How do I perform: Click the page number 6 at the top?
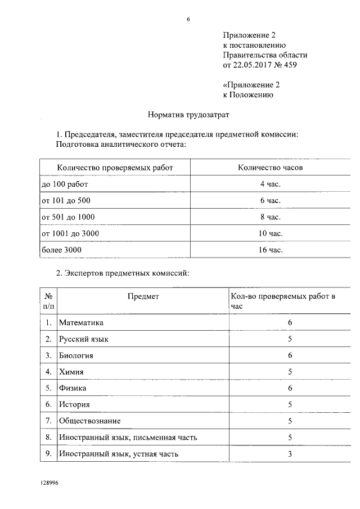point(188,19)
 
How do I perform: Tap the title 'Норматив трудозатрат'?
point(188,114)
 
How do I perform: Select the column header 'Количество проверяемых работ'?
point(115,168)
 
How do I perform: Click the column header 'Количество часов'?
point(271,168)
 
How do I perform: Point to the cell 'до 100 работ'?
point(65,184)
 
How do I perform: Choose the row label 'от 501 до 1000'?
point(69,217)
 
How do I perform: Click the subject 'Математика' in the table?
point(82,323)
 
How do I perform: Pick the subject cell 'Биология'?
point(76,355)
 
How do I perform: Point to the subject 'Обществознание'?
point(90,421)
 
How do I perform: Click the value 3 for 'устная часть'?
point(289,453)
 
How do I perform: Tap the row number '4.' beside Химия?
point(49,372)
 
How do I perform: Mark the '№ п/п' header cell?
point(49,301)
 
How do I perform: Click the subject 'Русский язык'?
point(84,339)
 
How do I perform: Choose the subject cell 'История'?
point(74,404)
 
